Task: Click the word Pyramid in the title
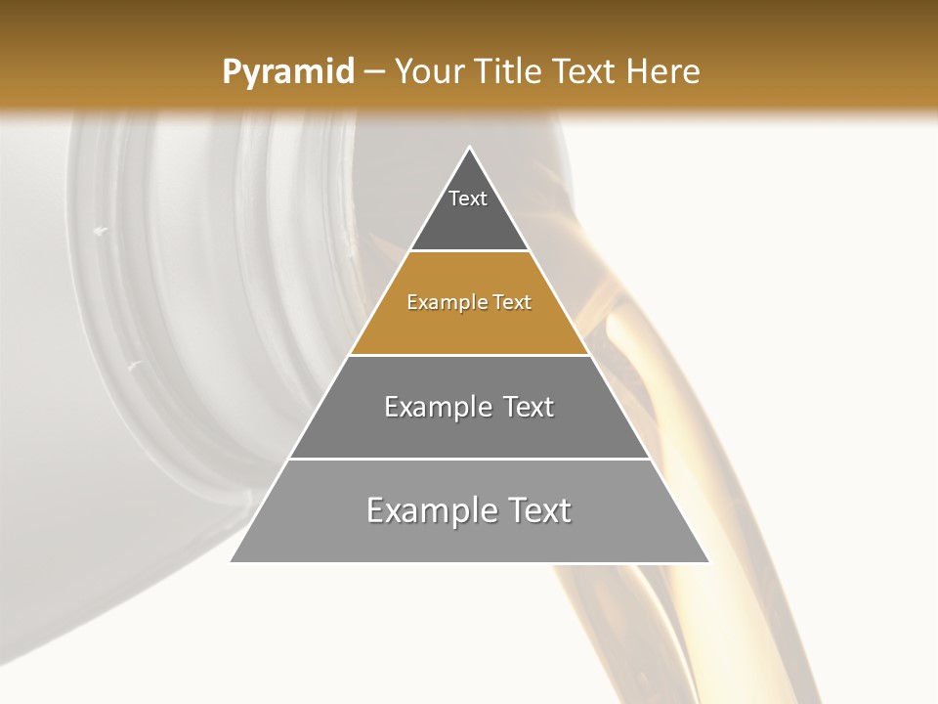(x=288, y=71)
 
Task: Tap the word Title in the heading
(x=510, y=71)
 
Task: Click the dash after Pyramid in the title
(x=374, y=72)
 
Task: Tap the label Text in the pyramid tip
(x=468, y=198)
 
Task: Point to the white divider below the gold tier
(x=469, y=355)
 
